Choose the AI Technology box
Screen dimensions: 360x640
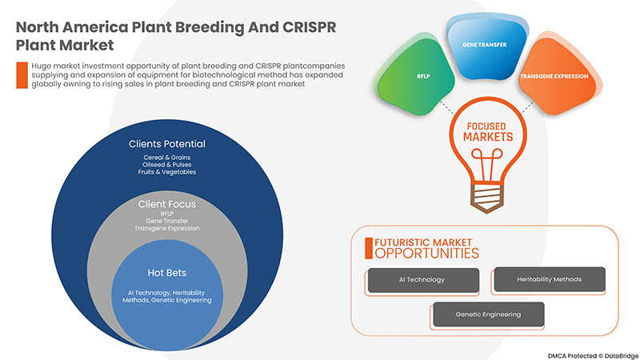tap(423, 279)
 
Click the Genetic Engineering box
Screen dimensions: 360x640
tap(488, 314)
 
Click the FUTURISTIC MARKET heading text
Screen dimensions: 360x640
tap(423, 241)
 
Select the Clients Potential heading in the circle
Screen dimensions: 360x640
tap(167, 144)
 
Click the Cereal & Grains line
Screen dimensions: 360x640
tap(167, 157)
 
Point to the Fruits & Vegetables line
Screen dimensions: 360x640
tap(167, 172)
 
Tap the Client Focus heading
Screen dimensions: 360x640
tap(167, 204)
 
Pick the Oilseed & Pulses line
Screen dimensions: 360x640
tap(167, 164)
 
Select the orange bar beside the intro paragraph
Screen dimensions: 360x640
tap(22, 74)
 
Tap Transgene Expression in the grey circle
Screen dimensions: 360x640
tap(167, 229)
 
